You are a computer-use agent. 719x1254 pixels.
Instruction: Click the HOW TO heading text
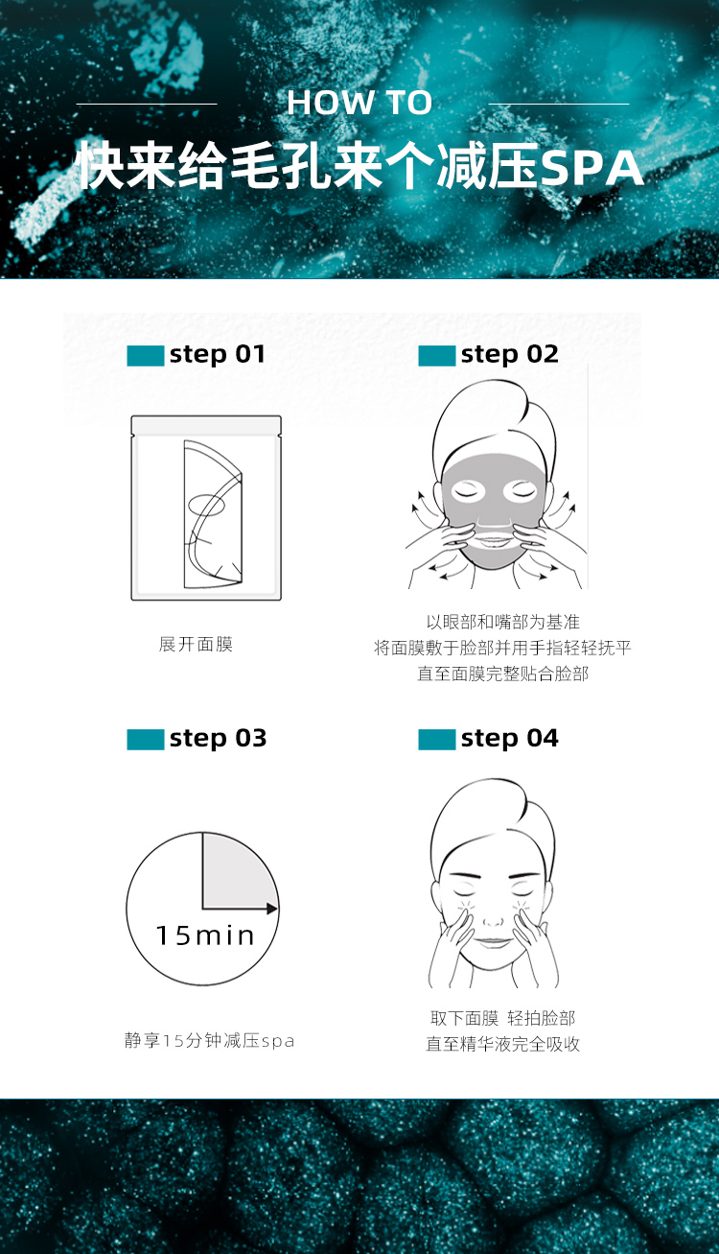point(359,103)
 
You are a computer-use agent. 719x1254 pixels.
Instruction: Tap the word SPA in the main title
point(591,167)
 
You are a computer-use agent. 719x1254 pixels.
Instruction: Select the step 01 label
point(217,355)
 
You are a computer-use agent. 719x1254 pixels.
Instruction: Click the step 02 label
point(509,355)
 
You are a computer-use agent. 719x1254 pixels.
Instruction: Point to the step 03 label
point(218,739)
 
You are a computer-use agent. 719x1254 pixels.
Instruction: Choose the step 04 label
point(509,739)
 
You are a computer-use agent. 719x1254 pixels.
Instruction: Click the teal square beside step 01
point(146,356)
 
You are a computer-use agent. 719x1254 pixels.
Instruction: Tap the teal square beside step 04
point(437,740)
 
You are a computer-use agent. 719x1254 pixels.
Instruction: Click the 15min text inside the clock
point(205,936)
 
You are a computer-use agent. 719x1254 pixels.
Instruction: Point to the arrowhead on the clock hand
point(272,909)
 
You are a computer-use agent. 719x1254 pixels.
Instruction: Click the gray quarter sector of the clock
point(235,873)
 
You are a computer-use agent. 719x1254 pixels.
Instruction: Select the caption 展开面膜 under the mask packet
point(196,645)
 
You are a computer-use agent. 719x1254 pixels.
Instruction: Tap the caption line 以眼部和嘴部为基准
point(502,622)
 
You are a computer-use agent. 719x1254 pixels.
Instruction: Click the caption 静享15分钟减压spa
point(209,1041)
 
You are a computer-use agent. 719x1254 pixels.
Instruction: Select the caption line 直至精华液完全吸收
point(502,1044)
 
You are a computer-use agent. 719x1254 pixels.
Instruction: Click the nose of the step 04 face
point(493,919)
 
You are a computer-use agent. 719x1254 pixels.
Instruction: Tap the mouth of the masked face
point(493,542)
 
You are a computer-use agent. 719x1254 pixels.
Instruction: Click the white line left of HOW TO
point(147,104)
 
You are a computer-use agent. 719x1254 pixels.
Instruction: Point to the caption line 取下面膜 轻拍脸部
point(502,1018)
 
